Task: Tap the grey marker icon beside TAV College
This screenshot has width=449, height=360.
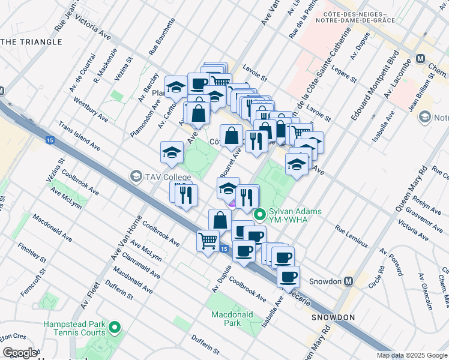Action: pyautogui.click(x=136, y=176)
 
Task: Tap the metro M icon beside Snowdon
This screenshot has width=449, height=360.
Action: pyautogui.click(x=348, y=281)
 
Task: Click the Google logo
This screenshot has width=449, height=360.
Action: pyautogui.click(x=20, y=352)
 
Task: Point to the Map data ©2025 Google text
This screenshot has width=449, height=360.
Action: pyautogui.click(x=411, y=355)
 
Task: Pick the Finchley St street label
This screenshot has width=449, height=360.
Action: pyautogui.click(x=32, y=254)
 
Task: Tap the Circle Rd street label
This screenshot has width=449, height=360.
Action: pyautogui.click(x=377, y=275)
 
